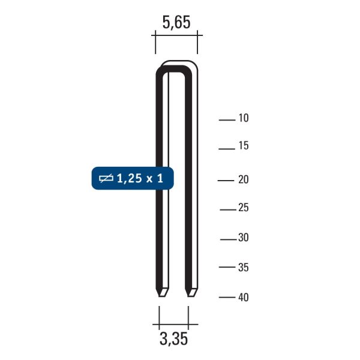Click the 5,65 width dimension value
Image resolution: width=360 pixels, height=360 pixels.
[x=176, y=23]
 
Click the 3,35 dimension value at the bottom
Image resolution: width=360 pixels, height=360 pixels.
[x=173, y=338]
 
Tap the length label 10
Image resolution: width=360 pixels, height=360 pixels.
[x=244, y=118]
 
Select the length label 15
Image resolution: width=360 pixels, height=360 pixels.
[x=244, y=146]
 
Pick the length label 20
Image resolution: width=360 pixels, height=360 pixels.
[x=244, y=179]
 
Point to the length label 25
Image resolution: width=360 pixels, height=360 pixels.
[x=244, y=208]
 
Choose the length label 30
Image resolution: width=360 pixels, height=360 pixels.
[x=244, y=238]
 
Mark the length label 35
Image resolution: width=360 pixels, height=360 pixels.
[x=244, y=268]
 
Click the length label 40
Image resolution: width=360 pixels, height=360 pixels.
[x=244, y=298]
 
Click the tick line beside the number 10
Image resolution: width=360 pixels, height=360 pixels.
[x=227, y=120]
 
